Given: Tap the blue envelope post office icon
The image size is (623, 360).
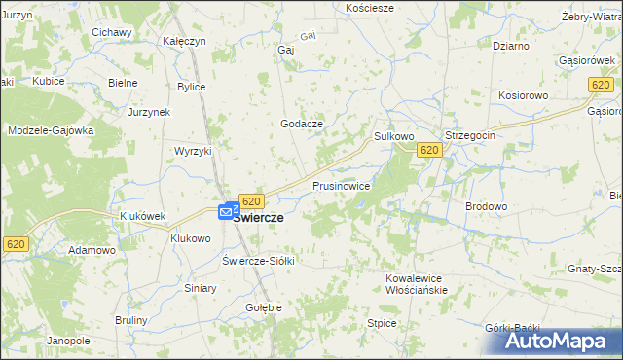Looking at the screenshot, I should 227,210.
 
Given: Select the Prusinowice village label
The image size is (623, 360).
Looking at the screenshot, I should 341,185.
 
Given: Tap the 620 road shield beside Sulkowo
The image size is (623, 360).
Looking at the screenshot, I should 430,150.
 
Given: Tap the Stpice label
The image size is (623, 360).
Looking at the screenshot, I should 381,322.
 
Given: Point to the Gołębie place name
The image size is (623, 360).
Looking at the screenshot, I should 264,307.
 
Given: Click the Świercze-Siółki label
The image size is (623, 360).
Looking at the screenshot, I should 258,261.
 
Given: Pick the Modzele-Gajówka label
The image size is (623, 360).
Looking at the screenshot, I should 51,129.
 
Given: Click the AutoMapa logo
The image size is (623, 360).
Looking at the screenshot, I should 550,341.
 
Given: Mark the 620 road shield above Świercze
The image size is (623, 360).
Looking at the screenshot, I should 251,201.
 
